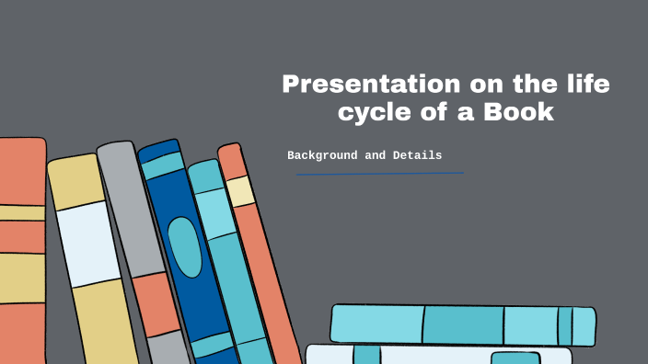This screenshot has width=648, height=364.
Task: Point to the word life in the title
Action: tap(584, 85)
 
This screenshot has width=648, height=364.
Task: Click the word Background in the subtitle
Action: tap(323, 155)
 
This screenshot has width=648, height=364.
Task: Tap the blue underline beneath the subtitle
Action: tap(379, 173)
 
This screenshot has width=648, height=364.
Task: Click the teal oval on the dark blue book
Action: tap(185, 246)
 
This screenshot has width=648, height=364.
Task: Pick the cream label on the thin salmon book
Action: tap(240, 191)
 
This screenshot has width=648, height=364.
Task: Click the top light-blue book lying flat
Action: tap(460, 324)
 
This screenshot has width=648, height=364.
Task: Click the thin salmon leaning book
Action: tap(267, 276)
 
